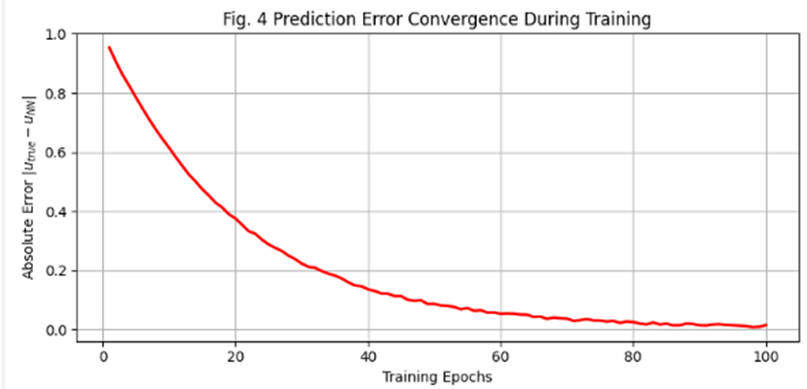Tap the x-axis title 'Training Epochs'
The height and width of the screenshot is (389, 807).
434,376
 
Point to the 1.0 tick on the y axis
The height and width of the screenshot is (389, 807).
56,34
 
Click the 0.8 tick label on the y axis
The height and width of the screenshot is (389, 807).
56,93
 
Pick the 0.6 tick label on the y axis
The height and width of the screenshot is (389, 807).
56,153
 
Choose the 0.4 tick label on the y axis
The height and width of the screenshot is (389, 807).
56,212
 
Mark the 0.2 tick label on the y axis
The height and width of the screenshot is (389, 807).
56,271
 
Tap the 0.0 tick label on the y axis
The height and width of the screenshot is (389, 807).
56,331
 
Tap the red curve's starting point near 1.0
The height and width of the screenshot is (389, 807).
110,48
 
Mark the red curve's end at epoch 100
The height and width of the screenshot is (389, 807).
766,325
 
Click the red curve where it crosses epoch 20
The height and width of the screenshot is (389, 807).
236,218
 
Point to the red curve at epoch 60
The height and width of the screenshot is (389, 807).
501,313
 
